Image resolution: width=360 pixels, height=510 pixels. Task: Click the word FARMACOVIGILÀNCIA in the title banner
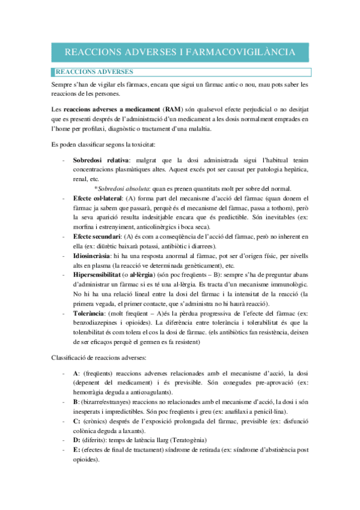click(x=241, y=53)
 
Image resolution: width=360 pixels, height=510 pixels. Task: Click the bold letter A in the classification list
click(x=76, y=373)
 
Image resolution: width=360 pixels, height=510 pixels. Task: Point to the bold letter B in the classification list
click(x=76, y=402)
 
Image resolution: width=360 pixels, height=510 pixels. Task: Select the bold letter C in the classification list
click(x=76, y=421)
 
